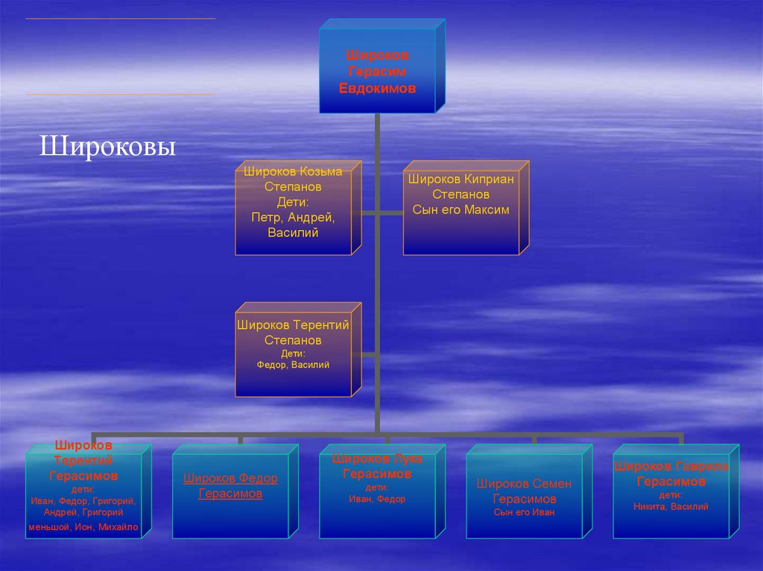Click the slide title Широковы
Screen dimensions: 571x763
tap(107, 146)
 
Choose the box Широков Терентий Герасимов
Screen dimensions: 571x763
tap(83, 491)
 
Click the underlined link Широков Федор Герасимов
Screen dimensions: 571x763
tap(230, 486)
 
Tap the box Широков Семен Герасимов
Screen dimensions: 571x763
tap(524, 491)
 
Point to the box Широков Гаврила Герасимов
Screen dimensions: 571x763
tap(671, 491)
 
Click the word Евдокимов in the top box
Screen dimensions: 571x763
tap(377, 88)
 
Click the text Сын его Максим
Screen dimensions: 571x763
tap(460, 210)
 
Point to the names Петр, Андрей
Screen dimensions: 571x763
tap(293, 218)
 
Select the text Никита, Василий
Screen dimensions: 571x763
tap(671, 507)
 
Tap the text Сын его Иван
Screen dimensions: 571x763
tap(524, 512)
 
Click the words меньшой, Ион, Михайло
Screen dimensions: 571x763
tap(83, 528)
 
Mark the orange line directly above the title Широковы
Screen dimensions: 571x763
tap(121, 95)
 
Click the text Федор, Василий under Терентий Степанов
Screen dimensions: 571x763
tap(293, 365)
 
